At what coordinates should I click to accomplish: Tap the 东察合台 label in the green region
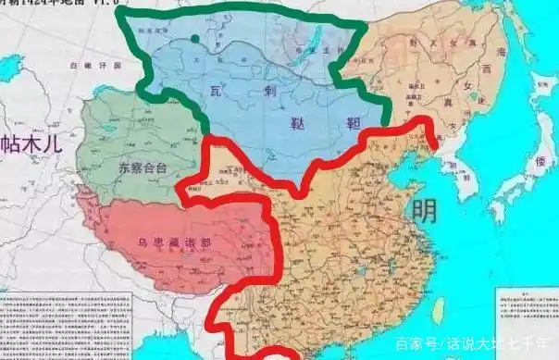pyautogui.click(x=141, y=168)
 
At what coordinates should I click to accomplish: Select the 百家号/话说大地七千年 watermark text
pyautogui.click(x=473, y=344)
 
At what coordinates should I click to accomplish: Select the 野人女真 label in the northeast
pyautogui.click(x=435, y=42)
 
